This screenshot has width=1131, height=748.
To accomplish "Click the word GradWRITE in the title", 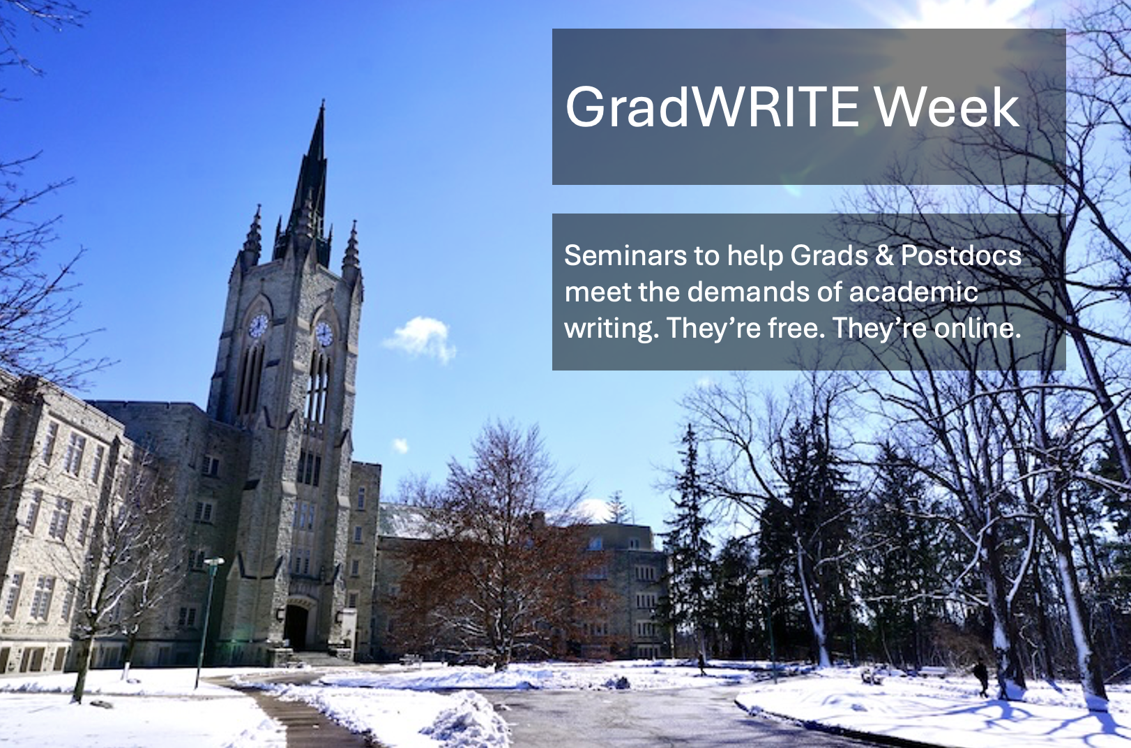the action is click(x=712, y=107).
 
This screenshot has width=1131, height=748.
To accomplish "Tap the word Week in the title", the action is click(x=947, y=107).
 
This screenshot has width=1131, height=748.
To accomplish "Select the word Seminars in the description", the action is click(x=625, y=255).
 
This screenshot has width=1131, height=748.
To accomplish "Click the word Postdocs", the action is click(x=961, y=255).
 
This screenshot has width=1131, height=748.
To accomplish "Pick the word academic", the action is click(x=913, y=292).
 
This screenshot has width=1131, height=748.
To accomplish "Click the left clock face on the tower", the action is click(x=258, y=325).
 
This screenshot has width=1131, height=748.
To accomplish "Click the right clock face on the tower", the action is click(x=324, y=334).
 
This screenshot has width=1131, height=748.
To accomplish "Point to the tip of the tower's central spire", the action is click(x=322, y=102).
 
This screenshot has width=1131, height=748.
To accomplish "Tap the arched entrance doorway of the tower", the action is click(x=296, y=627).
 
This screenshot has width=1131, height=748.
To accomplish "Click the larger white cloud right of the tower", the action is click(x=420, y=338).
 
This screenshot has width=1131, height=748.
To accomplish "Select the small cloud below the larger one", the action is click(x=400, y=446).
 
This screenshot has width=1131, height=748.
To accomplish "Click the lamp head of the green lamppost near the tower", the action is click(x=214, y=562).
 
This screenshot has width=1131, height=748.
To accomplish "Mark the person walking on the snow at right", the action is click(x=981, y=677).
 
